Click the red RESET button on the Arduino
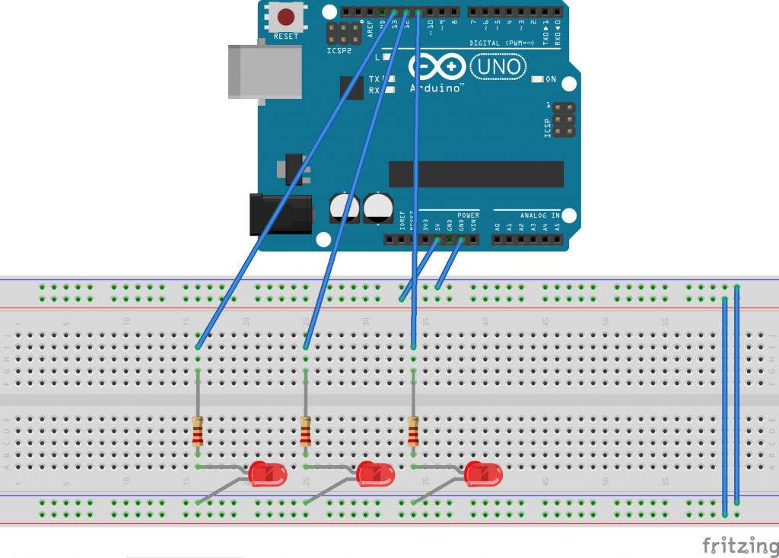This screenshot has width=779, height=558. coord(286,17)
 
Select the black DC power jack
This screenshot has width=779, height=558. coord(281,213)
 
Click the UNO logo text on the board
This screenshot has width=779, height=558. coord(499,67)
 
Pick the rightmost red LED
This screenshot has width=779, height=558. coord(484,474)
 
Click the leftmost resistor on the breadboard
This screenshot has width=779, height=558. coord(198,431)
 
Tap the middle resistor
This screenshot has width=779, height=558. coord(306,431)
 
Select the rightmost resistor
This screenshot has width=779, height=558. coord(414,431)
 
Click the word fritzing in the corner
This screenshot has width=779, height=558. coord(734,545)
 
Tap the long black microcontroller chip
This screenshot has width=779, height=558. coord(476,174)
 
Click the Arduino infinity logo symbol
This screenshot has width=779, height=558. coord(437,67)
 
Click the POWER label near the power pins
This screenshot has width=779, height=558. coord(469,215)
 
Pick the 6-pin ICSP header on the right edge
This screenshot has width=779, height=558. coord(561,120)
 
